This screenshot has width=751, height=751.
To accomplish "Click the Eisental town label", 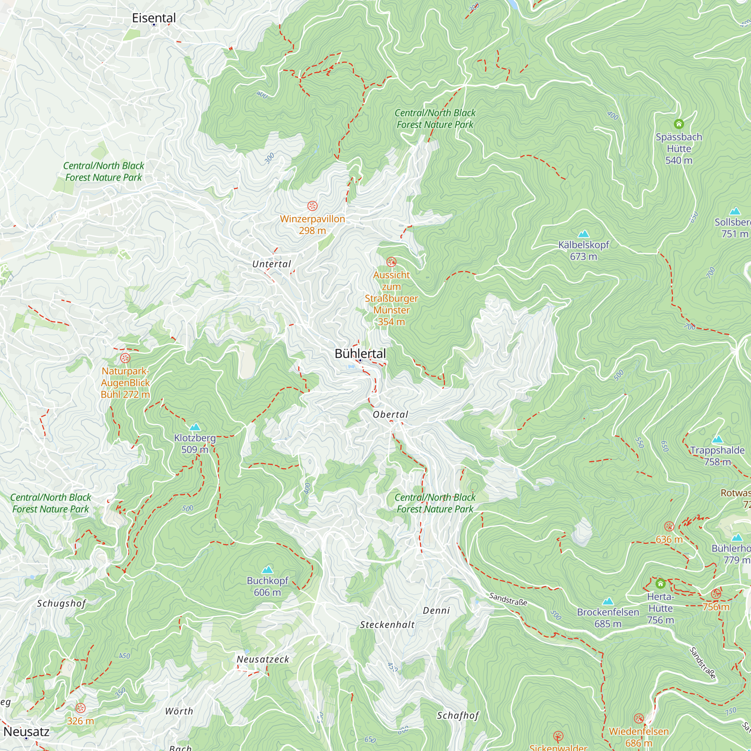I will [x=154, y=18].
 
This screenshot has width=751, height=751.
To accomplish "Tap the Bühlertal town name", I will [x=360, y=353].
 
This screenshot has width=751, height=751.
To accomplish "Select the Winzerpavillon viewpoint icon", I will [x=312, y=206].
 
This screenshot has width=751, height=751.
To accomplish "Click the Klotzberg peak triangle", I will [x=195, y=427].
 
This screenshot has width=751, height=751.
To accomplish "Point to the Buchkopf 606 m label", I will [x=267, y=586].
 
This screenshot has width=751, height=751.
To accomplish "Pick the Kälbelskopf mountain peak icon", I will [x=584, y=234].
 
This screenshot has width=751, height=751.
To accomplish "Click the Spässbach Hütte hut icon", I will [x=679, y=124].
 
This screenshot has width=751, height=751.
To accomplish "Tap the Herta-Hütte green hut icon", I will [x=661, y=584].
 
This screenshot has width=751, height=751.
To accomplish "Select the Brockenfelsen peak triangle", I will [x=608, y=601].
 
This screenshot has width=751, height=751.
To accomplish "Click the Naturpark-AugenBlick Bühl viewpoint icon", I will [x=125, y=358].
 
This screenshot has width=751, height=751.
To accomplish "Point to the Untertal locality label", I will [x=271, y=264].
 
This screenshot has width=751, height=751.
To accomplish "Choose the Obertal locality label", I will [x=390, y=415].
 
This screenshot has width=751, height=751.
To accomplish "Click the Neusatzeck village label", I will [x=263, y=659].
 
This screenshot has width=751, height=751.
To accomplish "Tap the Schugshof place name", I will [x=62, y=603].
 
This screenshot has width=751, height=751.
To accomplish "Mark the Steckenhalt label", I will [x=387, y=625].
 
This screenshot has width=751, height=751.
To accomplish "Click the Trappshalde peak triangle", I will [x=718, y=440].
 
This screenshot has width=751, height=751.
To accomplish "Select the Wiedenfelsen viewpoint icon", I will [x=639, y=718].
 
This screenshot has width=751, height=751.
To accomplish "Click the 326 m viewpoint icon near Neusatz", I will [x=80, y=708].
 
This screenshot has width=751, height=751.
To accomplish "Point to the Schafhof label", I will [x=458, y=716].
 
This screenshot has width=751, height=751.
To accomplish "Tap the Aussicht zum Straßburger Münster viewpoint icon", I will [x=391, y=262].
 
